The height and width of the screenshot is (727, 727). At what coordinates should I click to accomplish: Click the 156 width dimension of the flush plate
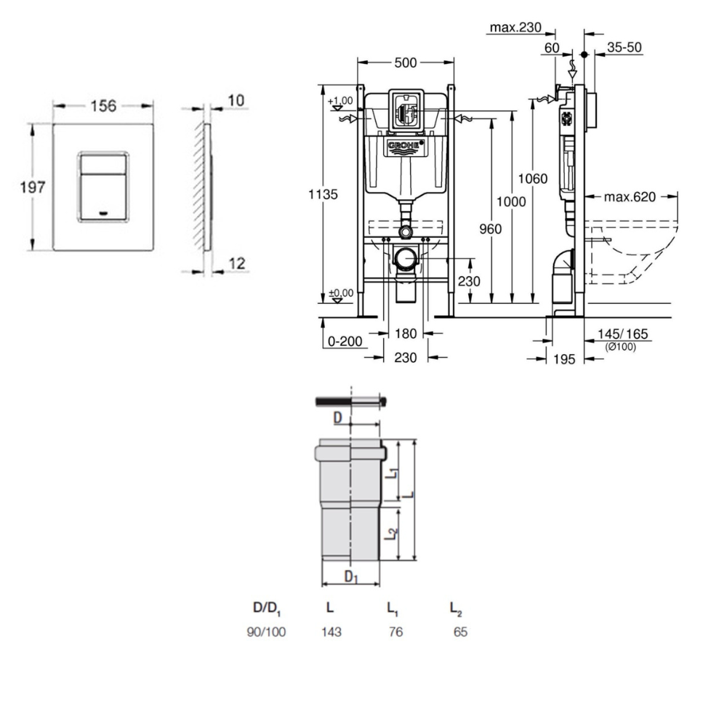(103, 106)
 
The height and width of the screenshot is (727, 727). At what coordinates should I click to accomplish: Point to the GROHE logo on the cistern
(406, 148)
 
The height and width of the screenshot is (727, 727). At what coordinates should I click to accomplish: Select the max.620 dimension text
(630, 196)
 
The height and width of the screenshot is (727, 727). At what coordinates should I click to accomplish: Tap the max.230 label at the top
(516, 28)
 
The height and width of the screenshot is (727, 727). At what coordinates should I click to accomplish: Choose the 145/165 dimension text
(622, 334)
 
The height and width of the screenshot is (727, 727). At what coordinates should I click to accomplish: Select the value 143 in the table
(331, 632)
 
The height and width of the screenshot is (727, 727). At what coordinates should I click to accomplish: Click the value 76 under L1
(395, 632)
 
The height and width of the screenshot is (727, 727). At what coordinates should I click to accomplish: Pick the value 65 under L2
(460, 632)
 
